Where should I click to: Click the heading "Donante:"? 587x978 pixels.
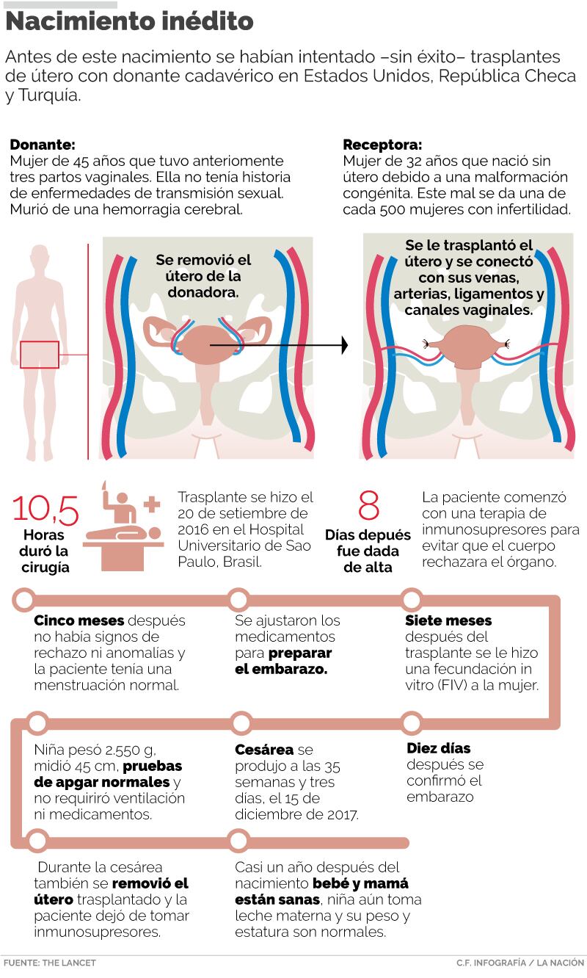click(x=42, y=145)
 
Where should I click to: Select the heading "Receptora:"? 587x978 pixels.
click(x=383, y=145)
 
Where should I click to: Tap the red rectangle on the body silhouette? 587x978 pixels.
click(x=40, y=355)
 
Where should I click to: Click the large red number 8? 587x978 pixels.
click(x=368, y=507)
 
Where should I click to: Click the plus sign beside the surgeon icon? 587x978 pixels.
click(x=151, y=504)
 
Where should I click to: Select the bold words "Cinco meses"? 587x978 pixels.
click(x=79, y=620)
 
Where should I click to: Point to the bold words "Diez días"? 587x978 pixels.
click(x=438, y=749)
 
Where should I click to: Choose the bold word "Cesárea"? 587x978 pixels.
click(x=264, y=750)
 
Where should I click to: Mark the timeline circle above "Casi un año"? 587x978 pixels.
click(x=238, y=841)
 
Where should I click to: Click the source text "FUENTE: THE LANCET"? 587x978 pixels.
click(x=49, y=963)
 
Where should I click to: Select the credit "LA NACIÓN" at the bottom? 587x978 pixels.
click(x=561, y=963)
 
